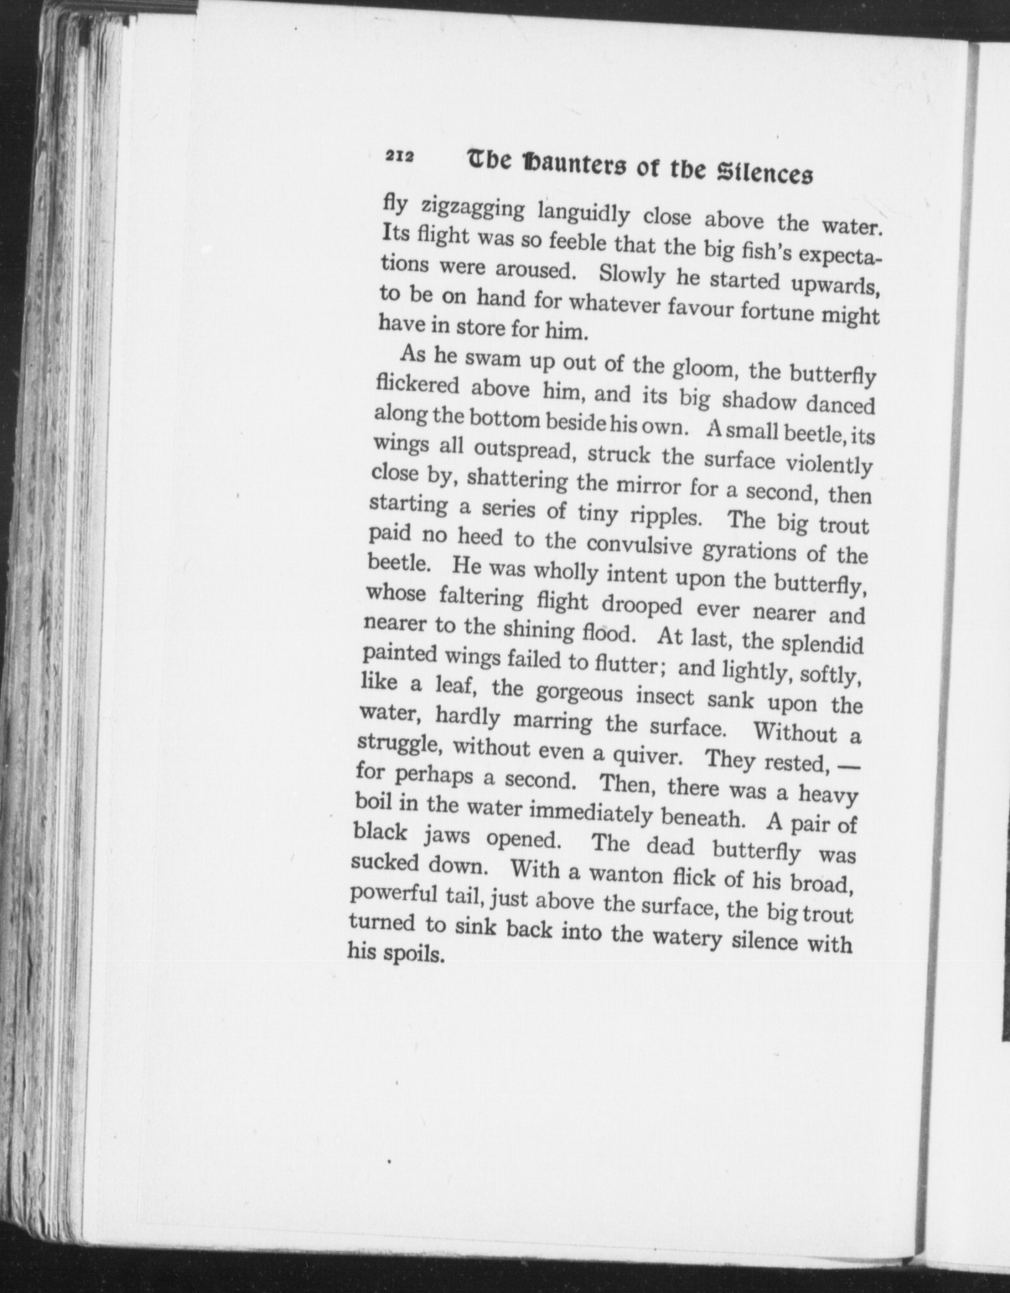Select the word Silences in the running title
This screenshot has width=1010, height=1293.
766,173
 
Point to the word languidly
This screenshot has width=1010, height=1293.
584,214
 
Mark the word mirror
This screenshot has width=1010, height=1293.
647,485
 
